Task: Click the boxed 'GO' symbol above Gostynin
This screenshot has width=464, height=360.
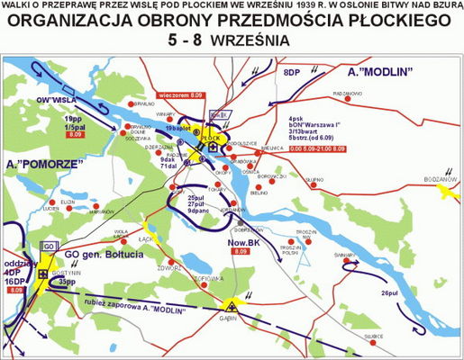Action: click(50, 246)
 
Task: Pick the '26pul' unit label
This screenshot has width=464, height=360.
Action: click(389, 293)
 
